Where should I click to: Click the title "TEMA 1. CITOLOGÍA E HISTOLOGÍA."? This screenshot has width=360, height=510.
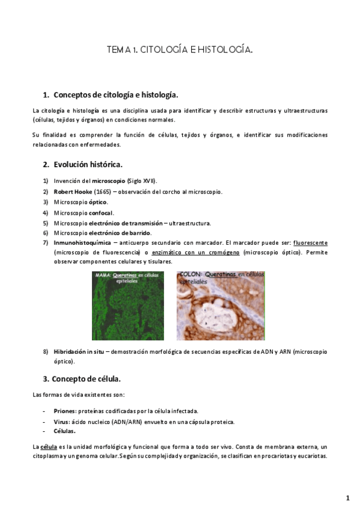[179, 51]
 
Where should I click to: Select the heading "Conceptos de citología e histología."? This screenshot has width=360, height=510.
[115, 95]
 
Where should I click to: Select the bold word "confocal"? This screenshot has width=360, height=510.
[100, 212]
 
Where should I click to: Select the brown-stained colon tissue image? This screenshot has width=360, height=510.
[221, 306]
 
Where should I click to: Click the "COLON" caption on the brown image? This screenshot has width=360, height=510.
[190, 275]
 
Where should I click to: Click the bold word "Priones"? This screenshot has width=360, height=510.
[64, 411]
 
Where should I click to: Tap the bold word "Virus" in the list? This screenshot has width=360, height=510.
[61, 422]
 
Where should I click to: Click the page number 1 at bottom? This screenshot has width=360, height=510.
[347, 498]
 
